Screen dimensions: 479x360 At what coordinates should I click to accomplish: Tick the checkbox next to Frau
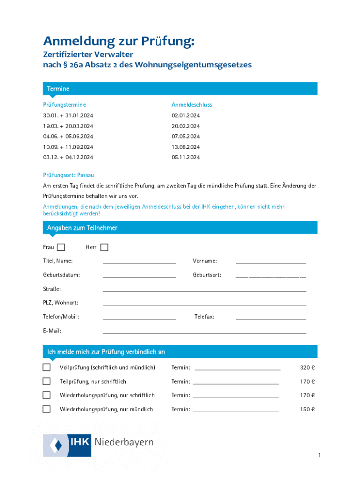[61, 247]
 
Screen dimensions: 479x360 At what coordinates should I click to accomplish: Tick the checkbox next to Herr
[104, 247]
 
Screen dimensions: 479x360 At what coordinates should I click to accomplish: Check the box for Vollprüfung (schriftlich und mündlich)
[47, 367]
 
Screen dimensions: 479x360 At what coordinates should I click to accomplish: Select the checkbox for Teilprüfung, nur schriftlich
[47, 381]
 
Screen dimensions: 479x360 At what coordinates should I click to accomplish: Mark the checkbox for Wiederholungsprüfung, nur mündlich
[47, 409]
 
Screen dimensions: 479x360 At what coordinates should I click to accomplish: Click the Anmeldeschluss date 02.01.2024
[186, 116]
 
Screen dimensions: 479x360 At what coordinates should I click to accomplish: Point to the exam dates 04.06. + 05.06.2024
[68, 137]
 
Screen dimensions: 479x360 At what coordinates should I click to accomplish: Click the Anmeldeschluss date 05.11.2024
[186, 158]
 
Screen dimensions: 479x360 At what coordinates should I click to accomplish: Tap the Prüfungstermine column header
[65, 105]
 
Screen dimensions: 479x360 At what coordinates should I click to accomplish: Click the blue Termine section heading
[58, 89]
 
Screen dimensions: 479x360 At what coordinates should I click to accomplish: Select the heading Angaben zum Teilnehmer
[82, 228]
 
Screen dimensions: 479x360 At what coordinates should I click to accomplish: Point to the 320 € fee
[307, 368]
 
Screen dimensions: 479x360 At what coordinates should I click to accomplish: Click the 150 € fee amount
[307, 410]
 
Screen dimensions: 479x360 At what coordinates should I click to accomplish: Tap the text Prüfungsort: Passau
[69, 175]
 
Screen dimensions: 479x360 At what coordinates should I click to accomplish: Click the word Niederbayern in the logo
[124, 443]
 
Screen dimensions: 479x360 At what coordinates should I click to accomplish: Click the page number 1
[319, 456]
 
